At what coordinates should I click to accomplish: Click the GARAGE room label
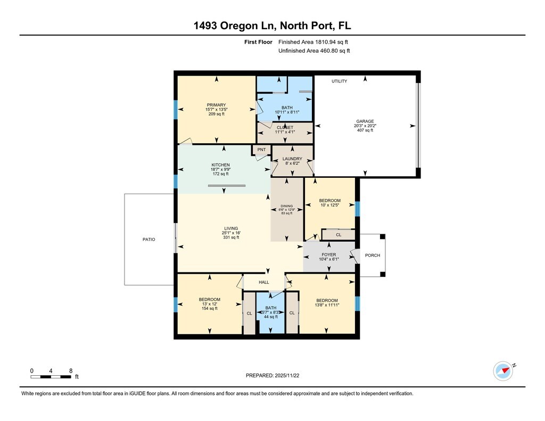point(365,121)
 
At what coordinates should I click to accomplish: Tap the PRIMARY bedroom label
point(216,105)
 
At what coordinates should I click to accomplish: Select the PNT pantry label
point(261,150)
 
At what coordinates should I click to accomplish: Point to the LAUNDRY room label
point(292,159)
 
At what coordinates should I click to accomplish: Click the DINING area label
point(287,206)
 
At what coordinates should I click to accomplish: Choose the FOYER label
point(329,255)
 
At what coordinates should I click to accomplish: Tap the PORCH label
point(373,255)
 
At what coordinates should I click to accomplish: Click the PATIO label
point(149,240)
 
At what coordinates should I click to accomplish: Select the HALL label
point(264,282)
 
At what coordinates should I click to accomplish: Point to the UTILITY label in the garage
point(339,81)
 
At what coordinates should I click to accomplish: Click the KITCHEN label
point(221,165)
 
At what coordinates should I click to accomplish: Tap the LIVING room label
point(231,228)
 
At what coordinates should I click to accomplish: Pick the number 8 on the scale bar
point(71,371)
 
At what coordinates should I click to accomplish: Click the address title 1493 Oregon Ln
point(235,26)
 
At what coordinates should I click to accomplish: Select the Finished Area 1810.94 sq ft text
point(313,42)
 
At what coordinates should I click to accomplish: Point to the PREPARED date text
point(272,375)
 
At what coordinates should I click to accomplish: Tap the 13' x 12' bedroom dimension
point(210,304)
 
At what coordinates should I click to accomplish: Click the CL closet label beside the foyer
point(338,235)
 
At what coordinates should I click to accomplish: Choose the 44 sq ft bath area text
point(271,317)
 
